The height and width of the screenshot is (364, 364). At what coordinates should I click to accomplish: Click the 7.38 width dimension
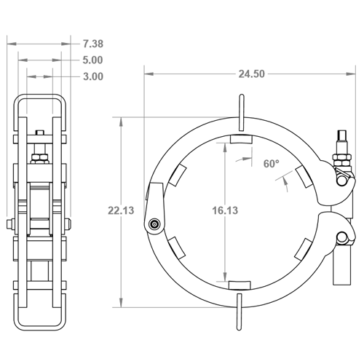pyautogui.click(x=93, y=44)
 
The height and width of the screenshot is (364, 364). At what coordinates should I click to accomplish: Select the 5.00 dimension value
pyautogui.click(x=93, y=60)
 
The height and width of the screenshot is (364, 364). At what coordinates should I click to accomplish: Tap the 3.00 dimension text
pyautogui.click(x=93, y=76)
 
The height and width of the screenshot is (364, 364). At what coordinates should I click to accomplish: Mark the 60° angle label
pyautogui.click(x=271, y=165)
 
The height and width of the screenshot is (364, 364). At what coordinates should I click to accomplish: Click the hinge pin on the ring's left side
pyautogui.click(x=155, y=224)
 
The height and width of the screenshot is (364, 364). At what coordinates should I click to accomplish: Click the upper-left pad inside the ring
pyautogui.click(x=177, y=175)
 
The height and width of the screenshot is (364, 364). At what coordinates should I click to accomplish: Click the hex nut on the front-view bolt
pyautogui.click(x=340, y=157)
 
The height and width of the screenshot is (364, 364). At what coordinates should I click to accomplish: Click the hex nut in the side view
pyautogui.click(x=41, y=154)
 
